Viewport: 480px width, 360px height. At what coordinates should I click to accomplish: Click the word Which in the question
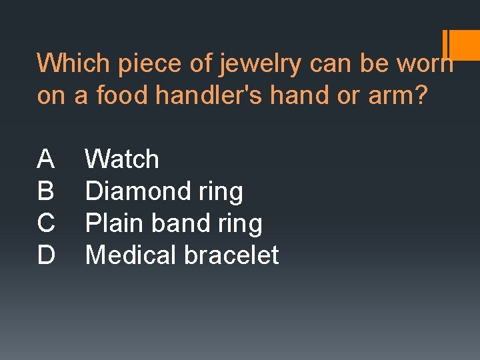[73, 63]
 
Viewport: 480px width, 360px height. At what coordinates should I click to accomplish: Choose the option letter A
[46, 159]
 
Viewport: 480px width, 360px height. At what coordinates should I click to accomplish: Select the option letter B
[46, 191]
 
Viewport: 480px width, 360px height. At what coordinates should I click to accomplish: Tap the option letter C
[46, 223]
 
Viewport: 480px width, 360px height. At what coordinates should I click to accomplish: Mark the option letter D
[46, 255]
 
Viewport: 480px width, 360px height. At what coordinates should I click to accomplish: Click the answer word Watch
[123, 159]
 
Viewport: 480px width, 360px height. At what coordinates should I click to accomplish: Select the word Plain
[115, 223]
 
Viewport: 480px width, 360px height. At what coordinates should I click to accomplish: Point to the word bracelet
[231, 255]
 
